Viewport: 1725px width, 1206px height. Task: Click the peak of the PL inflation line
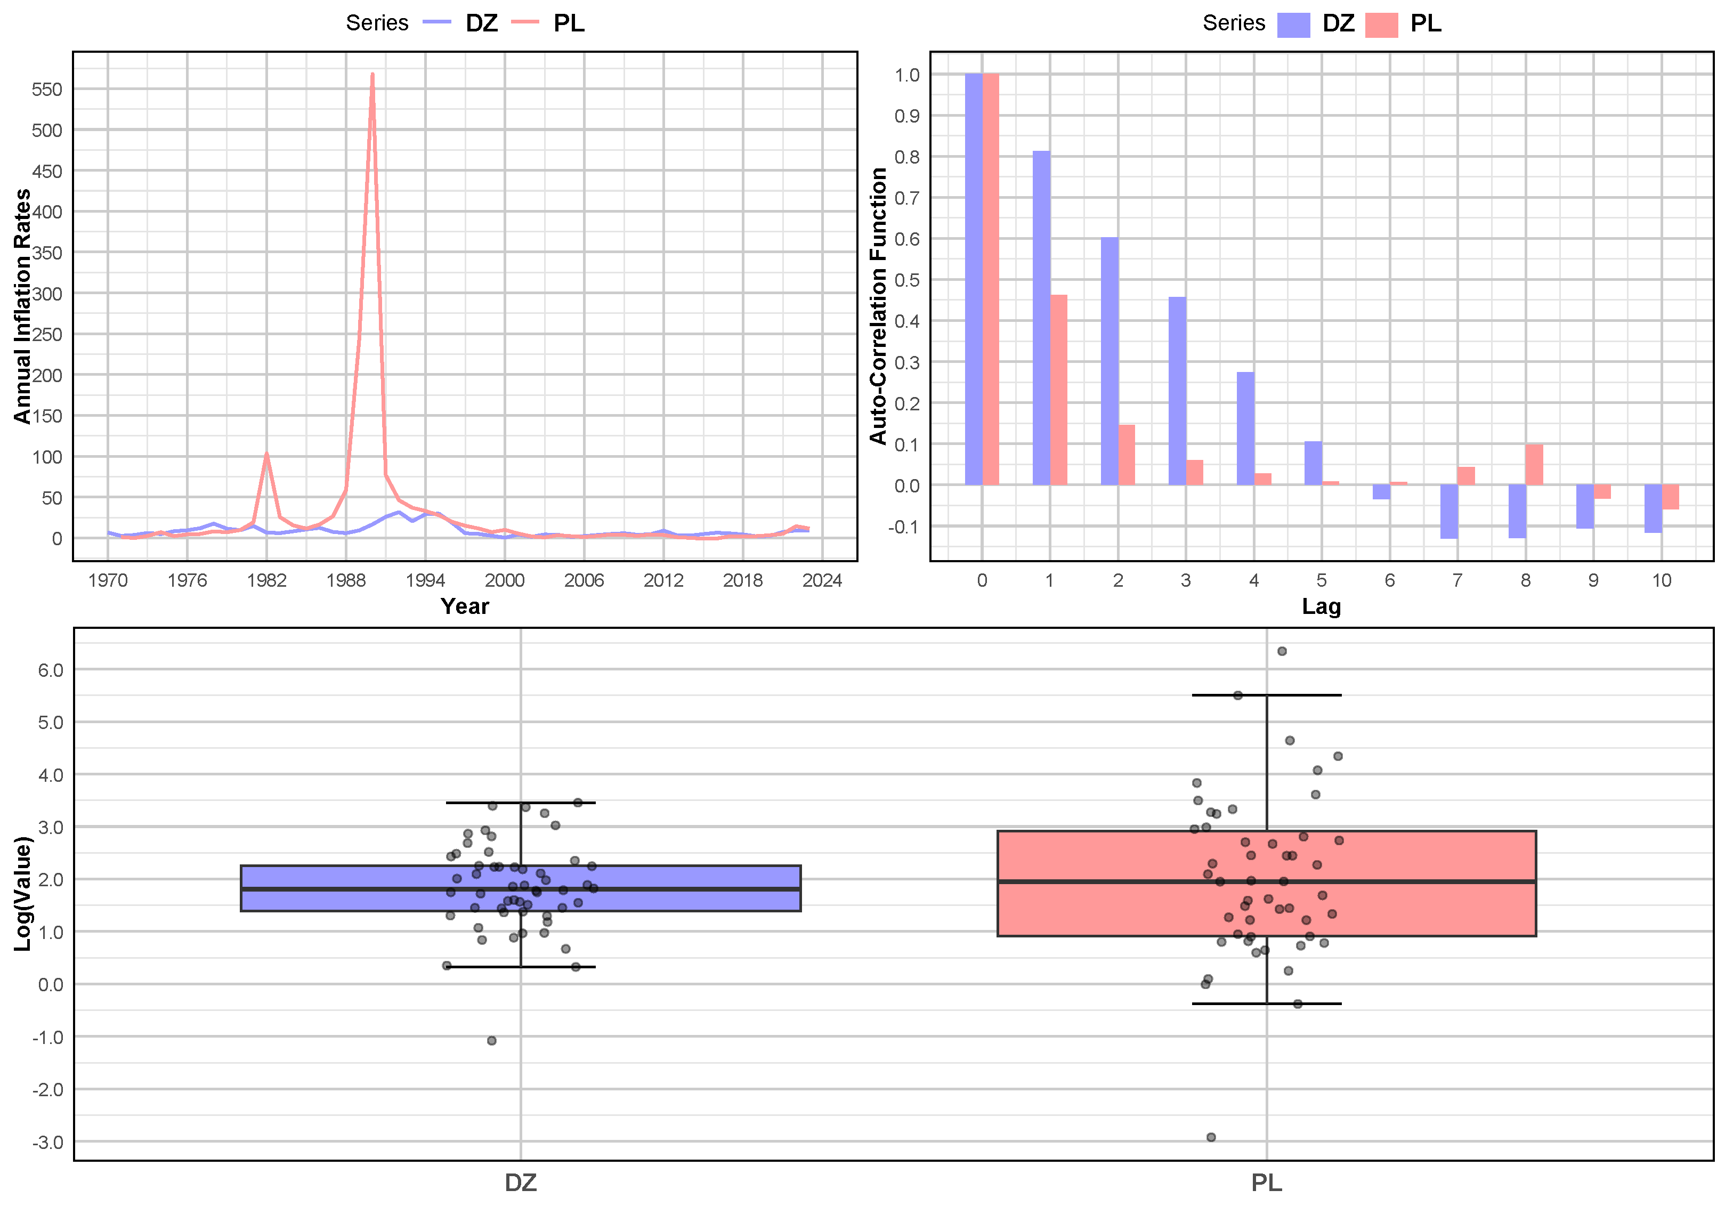[372, 75]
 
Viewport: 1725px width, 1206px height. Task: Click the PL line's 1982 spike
[266, 454]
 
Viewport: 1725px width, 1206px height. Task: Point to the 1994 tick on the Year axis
[425, 580]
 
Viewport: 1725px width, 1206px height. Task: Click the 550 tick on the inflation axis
[46, 90]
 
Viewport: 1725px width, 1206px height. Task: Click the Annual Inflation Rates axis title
[22, 306]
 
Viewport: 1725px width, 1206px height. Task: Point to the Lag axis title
[1321, 606]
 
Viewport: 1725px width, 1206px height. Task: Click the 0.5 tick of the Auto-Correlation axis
[907, 280]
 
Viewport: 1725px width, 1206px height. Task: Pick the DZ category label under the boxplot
[520, 1183]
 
